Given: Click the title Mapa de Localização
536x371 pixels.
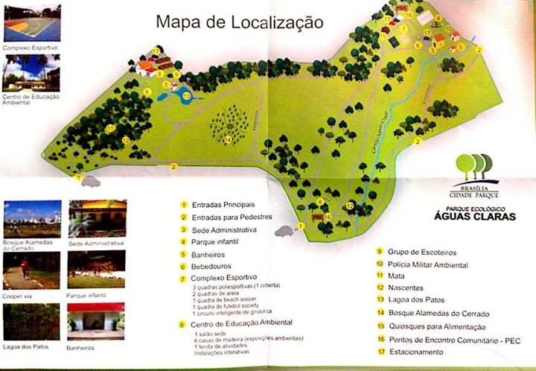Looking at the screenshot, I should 239,22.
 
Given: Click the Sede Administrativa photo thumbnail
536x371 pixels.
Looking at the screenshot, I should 97,218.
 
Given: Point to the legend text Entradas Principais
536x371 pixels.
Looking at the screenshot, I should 223,203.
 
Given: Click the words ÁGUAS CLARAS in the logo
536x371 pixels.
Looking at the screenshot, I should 469,218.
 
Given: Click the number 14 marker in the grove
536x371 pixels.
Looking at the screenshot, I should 228,139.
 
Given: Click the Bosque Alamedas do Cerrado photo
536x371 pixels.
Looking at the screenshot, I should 31,218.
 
